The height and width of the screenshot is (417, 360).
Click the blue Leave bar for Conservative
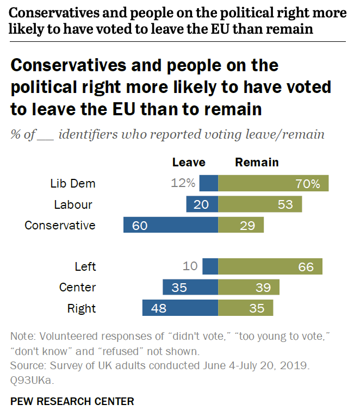coord(171,225)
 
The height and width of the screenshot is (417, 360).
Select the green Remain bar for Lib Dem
coord(274,183)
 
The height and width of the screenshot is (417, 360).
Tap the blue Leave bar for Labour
coord(202,204)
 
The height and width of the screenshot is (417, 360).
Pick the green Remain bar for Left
coord(270,266)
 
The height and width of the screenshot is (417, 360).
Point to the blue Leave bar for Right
coord(180,308)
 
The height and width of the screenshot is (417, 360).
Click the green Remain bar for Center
coord(249,288)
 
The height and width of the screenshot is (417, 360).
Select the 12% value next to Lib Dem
coord(183,184)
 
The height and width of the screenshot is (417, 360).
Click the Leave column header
coord(189,162)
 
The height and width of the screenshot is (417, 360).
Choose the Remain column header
coord(257,162)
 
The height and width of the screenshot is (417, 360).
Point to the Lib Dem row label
coord(73,184)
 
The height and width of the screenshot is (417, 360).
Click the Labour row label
coord(73,205)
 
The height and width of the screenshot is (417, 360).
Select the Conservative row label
coord(60,226)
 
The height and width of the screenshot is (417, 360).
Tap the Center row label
coord(77,288)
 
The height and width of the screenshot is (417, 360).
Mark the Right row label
coord(82,309)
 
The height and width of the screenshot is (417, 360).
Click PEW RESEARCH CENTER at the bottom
coord(72,402)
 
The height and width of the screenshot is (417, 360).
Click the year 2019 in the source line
coord(297,366)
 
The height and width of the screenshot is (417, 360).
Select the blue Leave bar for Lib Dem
coord(209,183)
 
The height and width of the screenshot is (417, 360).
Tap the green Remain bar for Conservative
coord(241,225)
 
